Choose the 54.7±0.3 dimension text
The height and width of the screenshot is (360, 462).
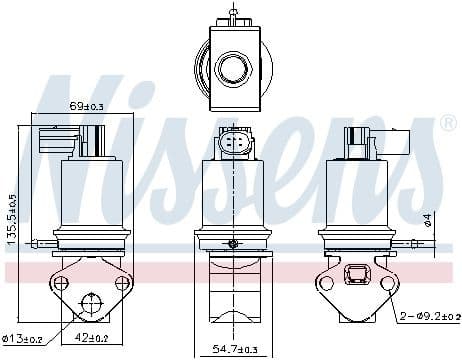coord(233,348)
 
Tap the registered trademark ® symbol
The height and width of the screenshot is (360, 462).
coord(447,124)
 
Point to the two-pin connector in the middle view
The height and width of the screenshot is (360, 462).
coord(233,145)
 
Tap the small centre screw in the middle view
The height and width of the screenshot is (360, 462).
coord(233,244)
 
